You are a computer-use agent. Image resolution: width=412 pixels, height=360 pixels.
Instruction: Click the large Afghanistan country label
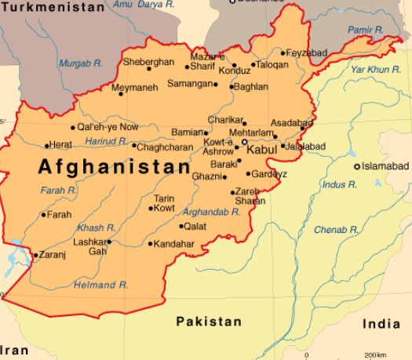[114, 167]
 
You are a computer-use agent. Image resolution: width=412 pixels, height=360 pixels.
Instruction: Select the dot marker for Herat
[47, 145]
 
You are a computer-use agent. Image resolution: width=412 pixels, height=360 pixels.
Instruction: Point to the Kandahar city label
[174, 244]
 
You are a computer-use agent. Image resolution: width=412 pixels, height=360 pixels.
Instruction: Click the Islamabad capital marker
[356, 166]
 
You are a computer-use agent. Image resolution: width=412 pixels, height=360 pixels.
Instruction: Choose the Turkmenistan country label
[51, 7]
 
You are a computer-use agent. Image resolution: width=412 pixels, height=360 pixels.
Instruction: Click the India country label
[381, 324]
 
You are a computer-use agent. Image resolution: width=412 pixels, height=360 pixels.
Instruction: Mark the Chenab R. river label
[336, 230]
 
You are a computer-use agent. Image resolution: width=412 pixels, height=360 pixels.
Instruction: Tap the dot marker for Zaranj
[35, 255]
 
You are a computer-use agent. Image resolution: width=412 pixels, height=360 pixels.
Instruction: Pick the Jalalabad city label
[306, 146]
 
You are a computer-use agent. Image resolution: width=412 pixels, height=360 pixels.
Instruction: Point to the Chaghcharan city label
[166, 146]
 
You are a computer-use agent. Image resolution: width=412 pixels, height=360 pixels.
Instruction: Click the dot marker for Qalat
[180, 226]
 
